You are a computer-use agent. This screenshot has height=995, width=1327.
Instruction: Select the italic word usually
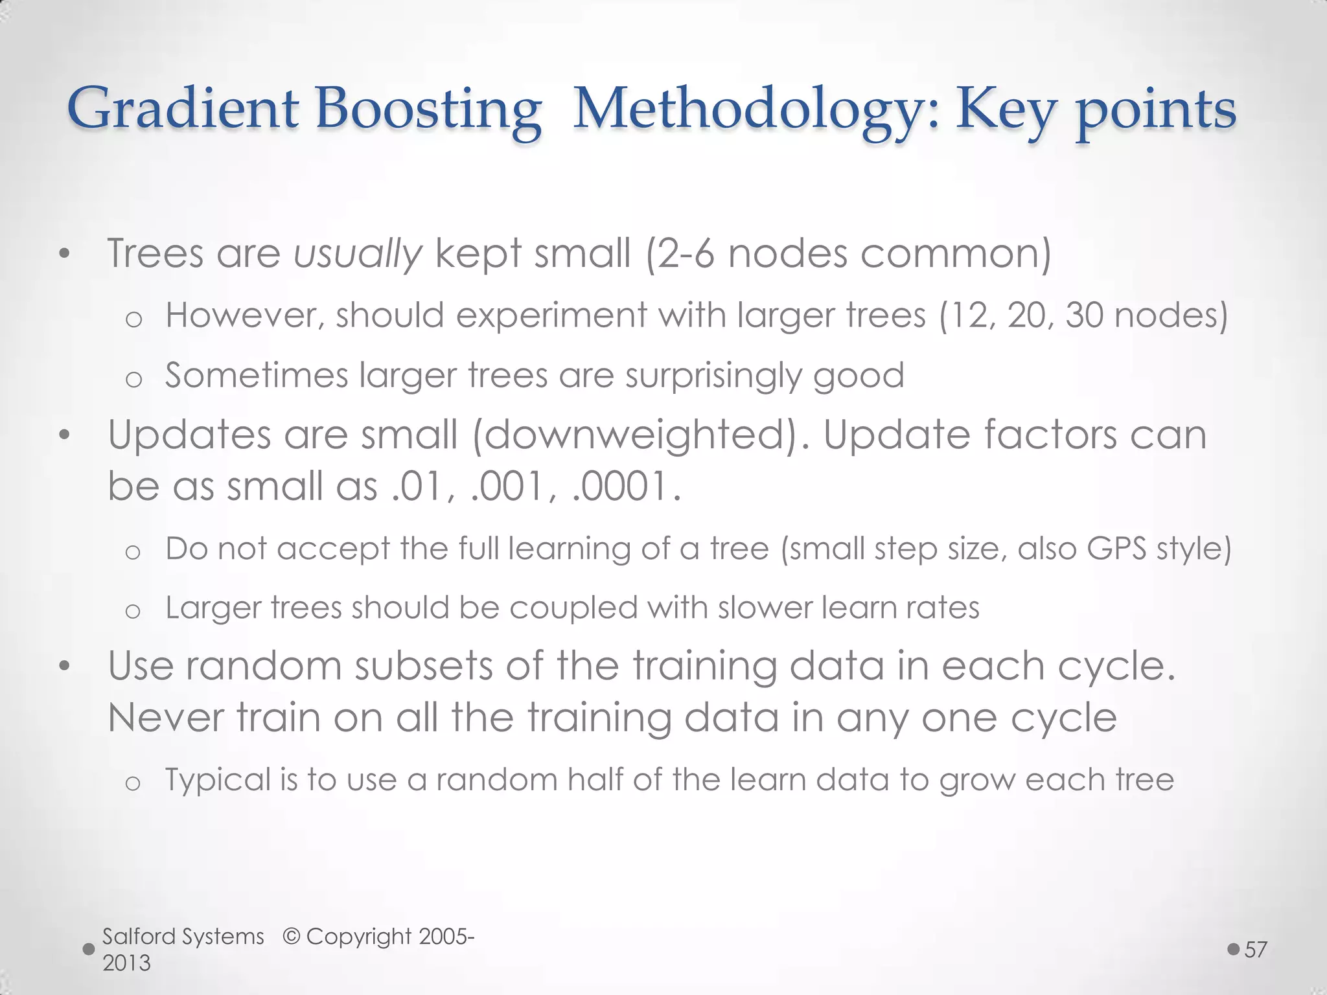pyautogui.click(x=358, y=253)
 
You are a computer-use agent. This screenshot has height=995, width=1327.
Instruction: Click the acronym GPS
pyautogui.click(x=1114, y=549)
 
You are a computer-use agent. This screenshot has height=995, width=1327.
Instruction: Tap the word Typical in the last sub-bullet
pyautogui.click(x=218, y=779)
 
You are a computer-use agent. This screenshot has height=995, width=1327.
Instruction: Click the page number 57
pyautogui.click(x=1256, y=950)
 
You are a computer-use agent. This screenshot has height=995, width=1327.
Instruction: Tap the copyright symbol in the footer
pyautogui.click(x=292, y=937)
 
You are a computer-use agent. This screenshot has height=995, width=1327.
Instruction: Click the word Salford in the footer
pyautogui.click(x=139, y=937)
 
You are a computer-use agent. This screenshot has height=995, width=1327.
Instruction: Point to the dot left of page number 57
pyautogui.click(x=1234, y=950)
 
